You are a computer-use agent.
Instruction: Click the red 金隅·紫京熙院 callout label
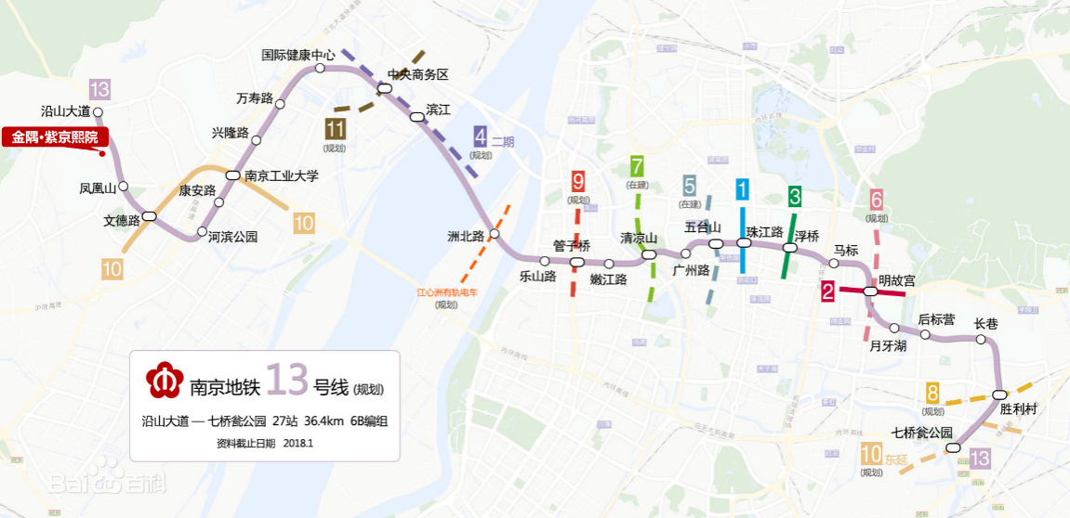(55, 137)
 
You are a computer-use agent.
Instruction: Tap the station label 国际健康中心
(298, 55)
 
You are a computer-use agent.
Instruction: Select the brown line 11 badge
(335, 129)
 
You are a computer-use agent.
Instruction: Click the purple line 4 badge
(481, 136)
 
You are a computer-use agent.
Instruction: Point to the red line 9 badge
(578, 182)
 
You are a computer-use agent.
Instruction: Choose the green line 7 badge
(637, 167)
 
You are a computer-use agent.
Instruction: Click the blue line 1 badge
(742, 190)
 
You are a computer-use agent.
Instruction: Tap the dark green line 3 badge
(795, 196)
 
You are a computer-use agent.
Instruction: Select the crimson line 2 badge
(827, 291)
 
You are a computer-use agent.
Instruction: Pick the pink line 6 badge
(876, 200)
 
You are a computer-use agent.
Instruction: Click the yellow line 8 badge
(932, 394)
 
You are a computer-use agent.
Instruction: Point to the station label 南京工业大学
(282, 175)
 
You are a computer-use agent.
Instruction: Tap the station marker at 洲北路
(495, 235)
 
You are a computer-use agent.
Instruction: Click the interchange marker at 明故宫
(870, 291)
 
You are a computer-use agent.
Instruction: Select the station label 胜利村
(1018, 408)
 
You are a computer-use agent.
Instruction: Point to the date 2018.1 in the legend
(298, 443)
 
